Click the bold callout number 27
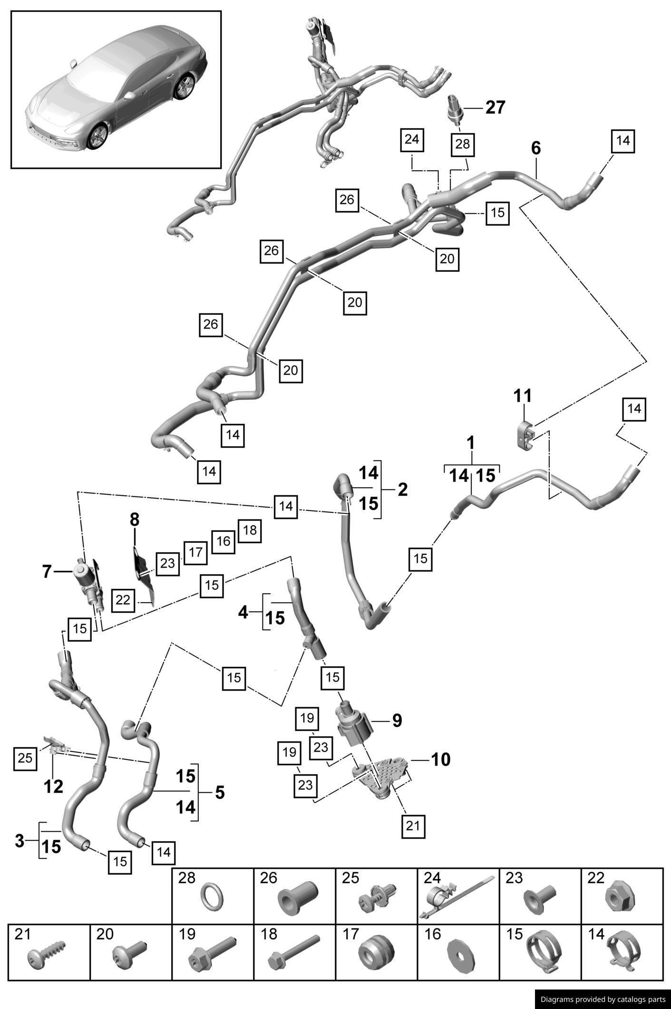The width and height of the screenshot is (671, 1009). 495,107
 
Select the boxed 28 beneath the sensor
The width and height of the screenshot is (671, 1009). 462,144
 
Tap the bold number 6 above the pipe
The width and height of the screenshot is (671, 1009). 535,148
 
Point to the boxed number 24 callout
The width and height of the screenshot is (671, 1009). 412,139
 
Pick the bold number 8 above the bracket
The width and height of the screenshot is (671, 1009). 135,520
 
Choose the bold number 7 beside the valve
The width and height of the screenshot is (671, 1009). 47,572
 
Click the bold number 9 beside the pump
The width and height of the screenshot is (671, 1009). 397,720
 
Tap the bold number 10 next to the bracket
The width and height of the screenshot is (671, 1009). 440,759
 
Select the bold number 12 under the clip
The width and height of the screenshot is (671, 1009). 53,787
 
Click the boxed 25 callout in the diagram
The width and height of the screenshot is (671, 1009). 25,758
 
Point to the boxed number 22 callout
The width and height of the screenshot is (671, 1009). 123,600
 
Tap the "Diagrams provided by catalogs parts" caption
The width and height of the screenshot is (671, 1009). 603,999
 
